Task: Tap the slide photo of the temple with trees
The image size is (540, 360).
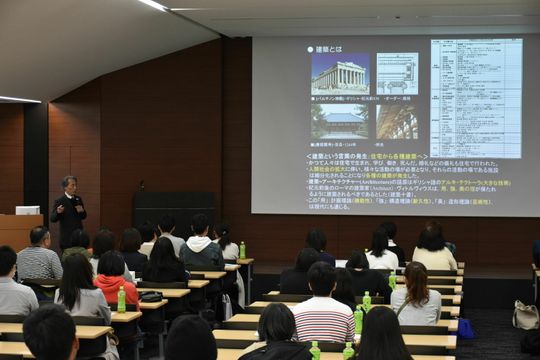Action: [340, 123]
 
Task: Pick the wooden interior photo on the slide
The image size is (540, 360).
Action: [397, 122]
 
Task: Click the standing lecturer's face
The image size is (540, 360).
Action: [69, 185]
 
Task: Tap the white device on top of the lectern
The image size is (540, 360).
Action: [28, 210]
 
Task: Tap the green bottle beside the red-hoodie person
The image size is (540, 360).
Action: [122, 299]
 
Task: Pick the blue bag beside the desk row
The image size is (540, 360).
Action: [464, 327]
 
